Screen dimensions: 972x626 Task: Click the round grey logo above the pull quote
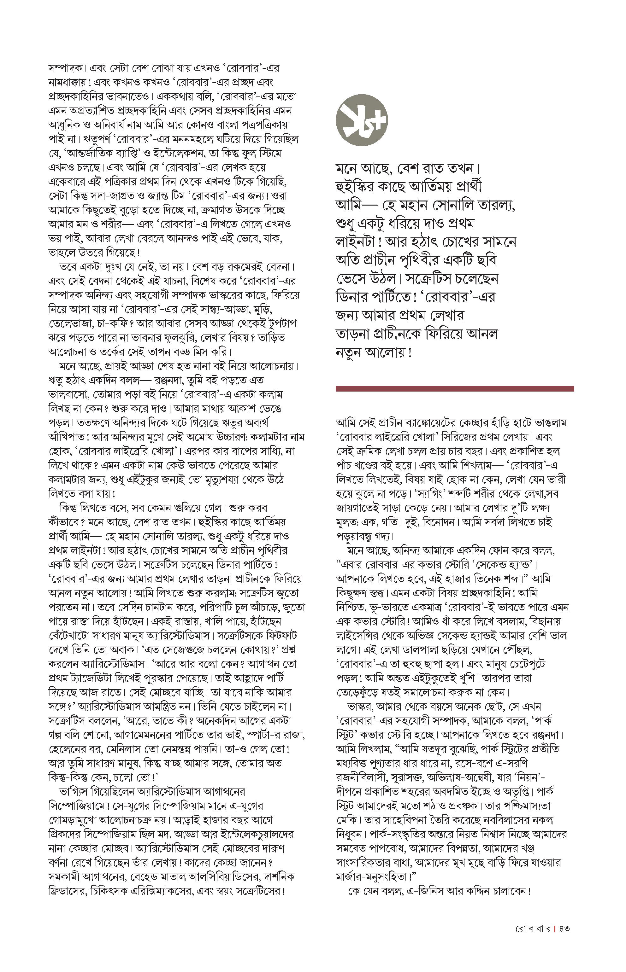pyautogui.click(x=361, y=120)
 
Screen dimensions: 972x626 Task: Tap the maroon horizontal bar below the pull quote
pyautogui.click(x=454, y=389)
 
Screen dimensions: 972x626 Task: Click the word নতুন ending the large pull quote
pyautogui.click(x=348, y=352)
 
